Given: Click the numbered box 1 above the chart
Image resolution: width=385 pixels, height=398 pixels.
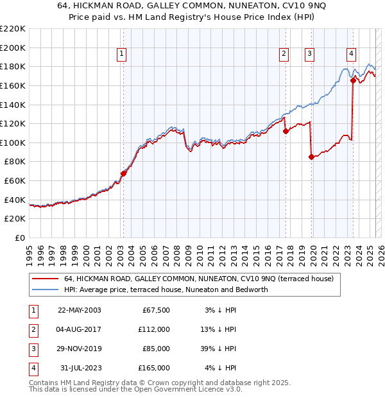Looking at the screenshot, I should coord(122,55).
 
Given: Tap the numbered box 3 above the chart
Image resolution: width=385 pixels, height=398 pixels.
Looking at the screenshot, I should coord(309,55).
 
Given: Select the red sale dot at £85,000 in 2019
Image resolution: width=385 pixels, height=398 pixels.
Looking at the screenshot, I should coord(311,157).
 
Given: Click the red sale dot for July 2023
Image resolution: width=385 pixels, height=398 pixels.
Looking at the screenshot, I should coord(353,80).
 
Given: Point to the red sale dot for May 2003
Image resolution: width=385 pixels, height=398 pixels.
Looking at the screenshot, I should coord(123,173).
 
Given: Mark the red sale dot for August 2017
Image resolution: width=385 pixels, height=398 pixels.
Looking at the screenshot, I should coord(286,131).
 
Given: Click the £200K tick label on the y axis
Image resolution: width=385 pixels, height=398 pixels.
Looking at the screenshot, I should coord(13,48).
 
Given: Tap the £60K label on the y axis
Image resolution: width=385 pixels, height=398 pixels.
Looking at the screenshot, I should coord(15,181).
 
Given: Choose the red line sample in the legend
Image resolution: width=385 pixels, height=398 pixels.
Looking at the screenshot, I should coord(45,279).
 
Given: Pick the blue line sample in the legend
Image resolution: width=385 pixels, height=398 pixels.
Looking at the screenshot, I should coord(45,290).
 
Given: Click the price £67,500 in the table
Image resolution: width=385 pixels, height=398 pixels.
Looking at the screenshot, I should coord(155,310).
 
